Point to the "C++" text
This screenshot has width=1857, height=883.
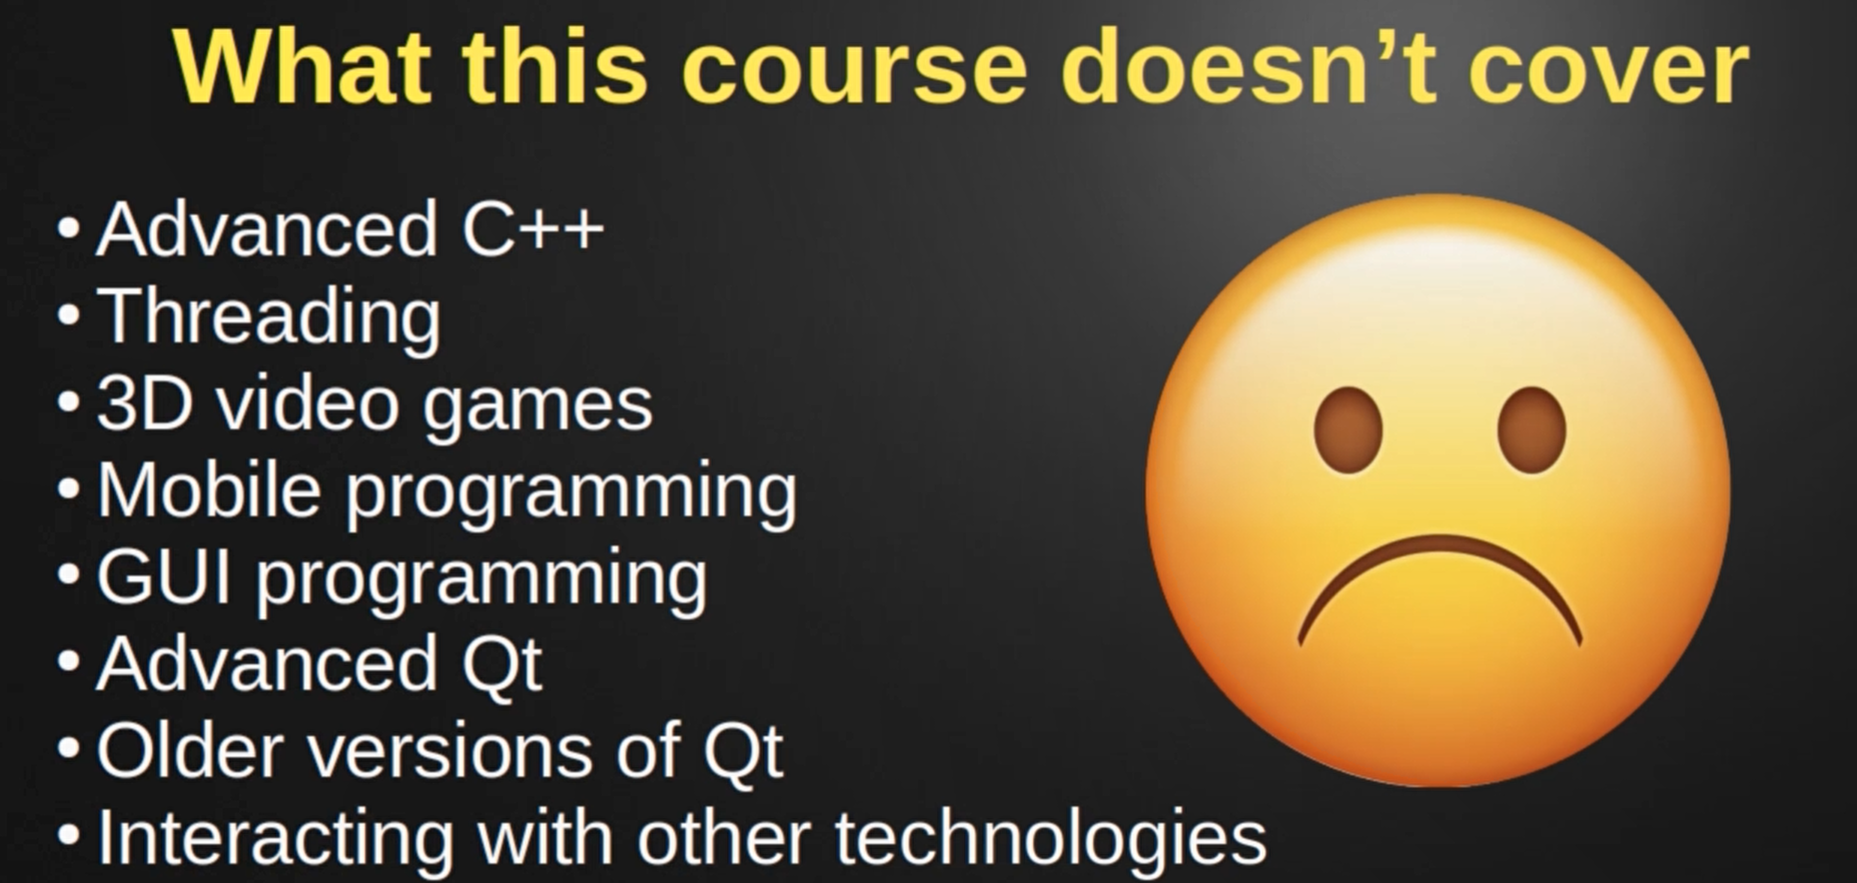(533, 229)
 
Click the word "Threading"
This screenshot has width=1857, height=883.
(269, 317)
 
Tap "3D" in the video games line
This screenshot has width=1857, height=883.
(145, 404)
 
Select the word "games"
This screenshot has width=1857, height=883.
(537, 409)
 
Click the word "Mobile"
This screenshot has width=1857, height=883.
(209, 490)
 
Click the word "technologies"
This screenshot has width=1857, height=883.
(1051, 840)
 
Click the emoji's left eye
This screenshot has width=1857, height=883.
(1348, 430)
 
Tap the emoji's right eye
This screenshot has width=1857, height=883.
(1531, 430)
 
